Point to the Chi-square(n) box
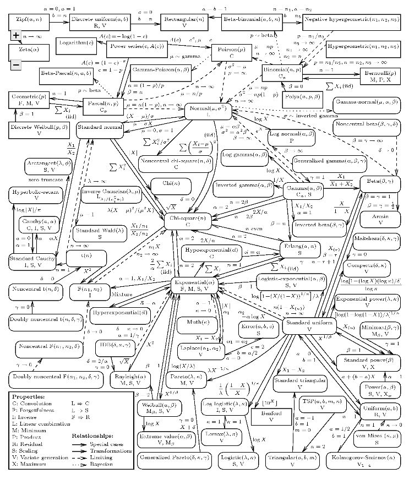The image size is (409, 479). pyautogui.click(x=188, y=220)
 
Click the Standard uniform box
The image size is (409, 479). pyautogui.click(x=309, y=325)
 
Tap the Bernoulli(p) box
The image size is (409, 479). pyautogui.click(x=380, y=75)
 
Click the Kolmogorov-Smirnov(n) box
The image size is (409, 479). pyautogui.click(x=367, y=461)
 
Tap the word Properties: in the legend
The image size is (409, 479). pyautogui.click(x=29, y=396)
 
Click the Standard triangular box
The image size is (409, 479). pyautogui.click(x=299, y=383)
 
